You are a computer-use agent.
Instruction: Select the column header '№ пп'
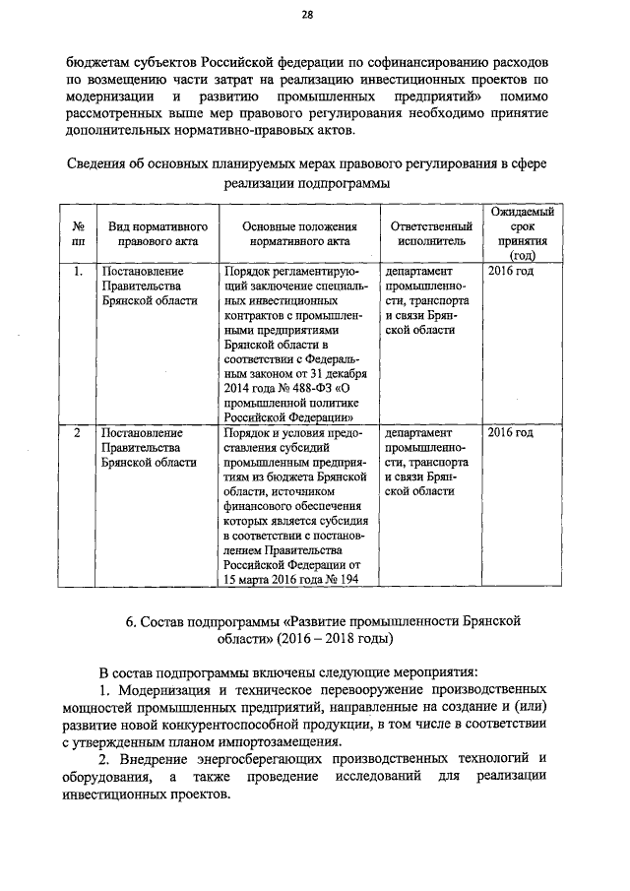click(77, 232)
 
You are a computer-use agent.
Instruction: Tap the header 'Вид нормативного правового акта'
click(150, 232)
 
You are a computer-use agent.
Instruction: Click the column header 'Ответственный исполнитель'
click(425, 232)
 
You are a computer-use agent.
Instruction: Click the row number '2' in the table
click(77, 433)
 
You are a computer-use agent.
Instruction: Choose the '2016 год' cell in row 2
click(511, 433)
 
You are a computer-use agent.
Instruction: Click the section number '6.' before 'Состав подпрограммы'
click(130, 620)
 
